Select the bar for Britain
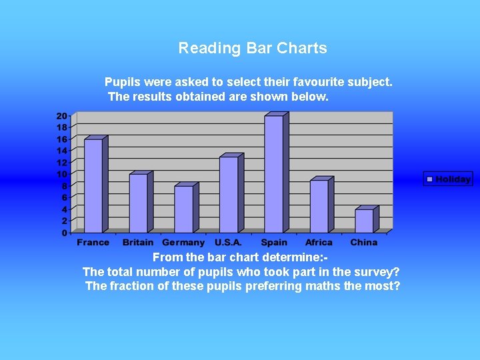tap(139, 203)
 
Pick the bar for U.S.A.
tap(229, 194)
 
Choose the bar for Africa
tap(319, 206)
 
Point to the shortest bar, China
tap(365, 221)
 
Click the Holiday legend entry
tap(448, 179)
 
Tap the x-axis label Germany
tap(183, 243)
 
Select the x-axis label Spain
tap(274, 243)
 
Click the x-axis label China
tap(363, 243)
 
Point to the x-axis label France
tap(93, 243)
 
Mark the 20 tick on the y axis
tap(62, 115)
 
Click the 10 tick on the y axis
tap(62, 174)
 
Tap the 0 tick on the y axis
tap(65, 233)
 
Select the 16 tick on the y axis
tap(62, 139)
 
